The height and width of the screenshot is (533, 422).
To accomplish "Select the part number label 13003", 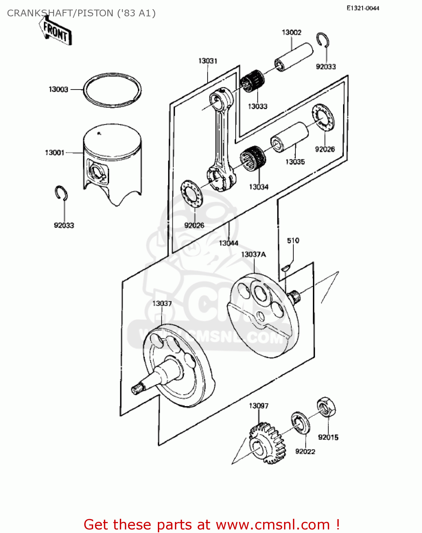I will click(x=58, y=90).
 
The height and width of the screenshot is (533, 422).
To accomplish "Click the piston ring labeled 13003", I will click(x=112, y=90).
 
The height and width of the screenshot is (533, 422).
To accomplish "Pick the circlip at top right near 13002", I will click(x=323, y=40).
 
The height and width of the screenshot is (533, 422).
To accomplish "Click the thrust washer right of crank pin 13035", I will click(x=323, y=117).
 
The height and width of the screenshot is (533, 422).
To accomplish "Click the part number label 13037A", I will click(x=253, y=254).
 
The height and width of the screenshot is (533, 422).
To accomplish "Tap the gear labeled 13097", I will click(x=267, y=442).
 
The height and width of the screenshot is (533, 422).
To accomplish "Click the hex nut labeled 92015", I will click(x=326, y=407).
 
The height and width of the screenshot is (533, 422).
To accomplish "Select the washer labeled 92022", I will click(x=300, y=423).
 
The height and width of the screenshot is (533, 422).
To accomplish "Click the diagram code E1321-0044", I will click(x=363, y=8).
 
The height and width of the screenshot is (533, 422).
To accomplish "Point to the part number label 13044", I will click(x=229, y=243).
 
